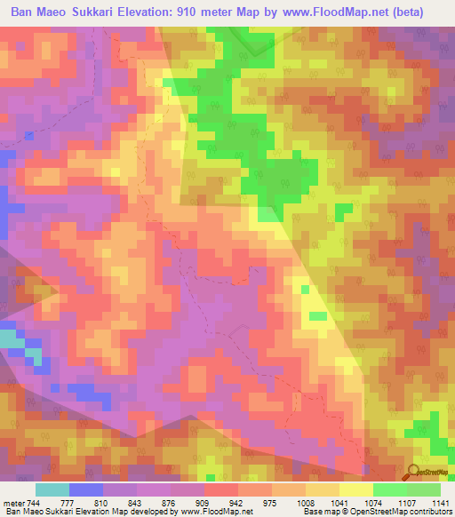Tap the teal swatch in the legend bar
point(52,489)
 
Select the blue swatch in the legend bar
point(86,489)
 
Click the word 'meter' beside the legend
point(12,502)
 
